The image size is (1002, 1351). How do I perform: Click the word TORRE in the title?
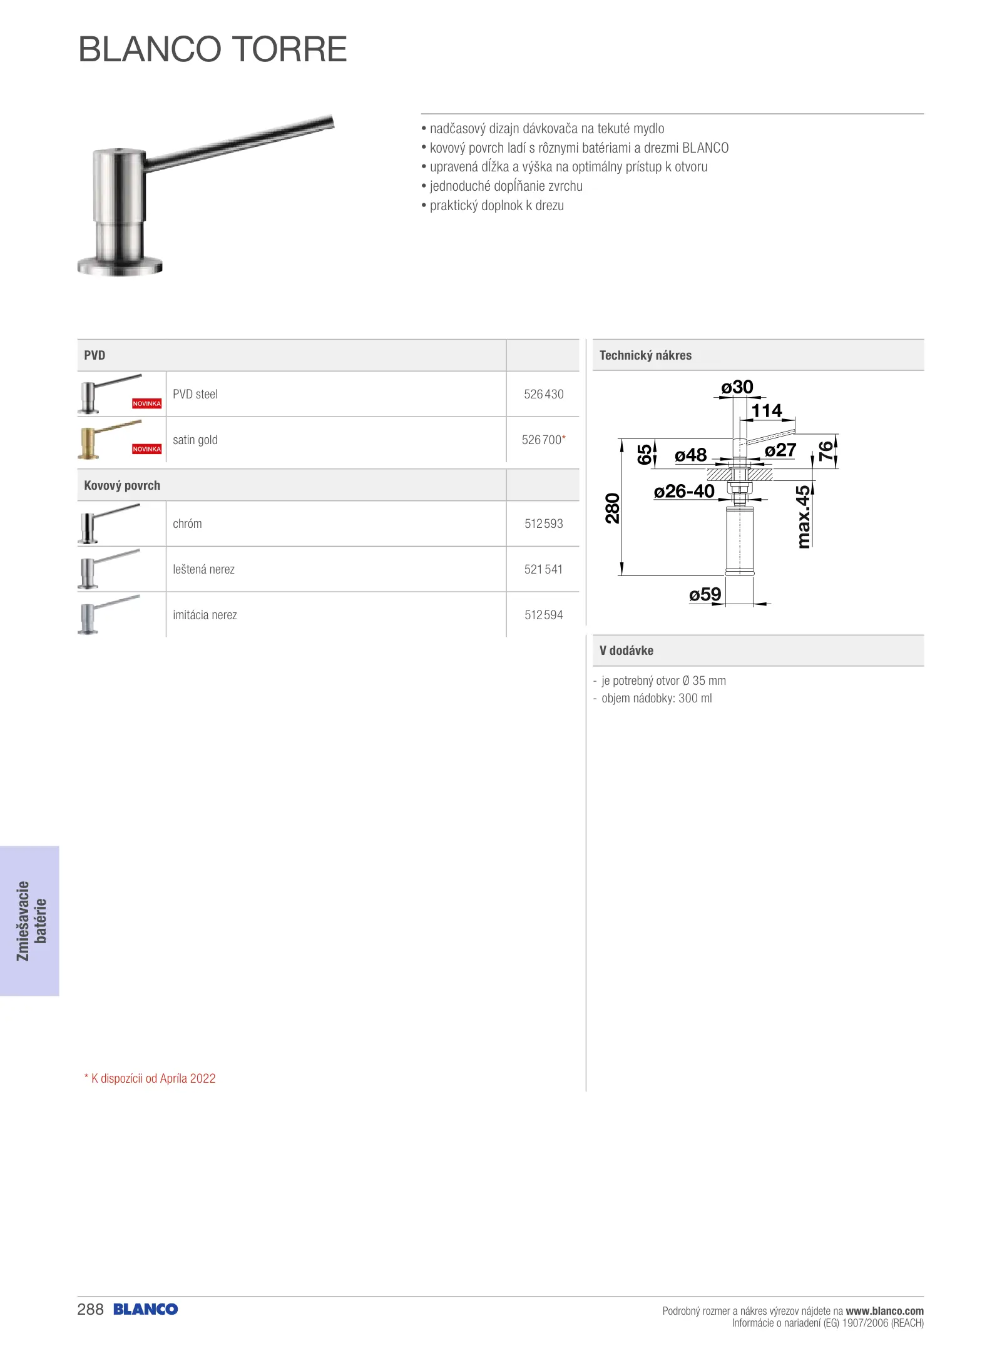coord(289,49)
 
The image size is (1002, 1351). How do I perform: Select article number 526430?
coord(543,394)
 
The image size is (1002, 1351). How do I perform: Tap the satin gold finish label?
coord(195,440)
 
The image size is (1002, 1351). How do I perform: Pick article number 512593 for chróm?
coord(543,524)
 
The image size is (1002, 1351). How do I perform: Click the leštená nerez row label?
coord(203,569)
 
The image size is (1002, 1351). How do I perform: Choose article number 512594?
coord(543,615)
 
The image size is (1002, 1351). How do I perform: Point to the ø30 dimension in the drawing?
coord(737,387)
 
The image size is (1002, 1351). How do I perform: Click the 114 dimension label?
coord(767,411)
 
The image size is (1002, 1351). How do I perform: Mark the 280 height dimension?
coord(613,508)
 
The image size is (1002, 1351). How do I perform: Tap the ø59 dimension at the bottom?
coord(705,594)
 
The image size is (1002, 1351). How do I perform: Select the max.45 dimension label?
coord(804,517)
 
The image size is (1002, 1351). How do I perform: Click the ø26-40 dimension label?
coord(684,492)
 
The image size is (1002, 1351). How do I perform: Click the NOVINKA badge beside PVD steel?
coord(146,403)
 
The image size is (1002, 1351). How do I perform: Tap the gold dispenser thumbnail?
coord(106,440)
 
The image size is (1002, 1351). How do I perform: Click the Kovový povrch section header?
coord(122,485)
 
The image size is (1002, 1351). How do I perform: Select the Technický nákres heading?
coord(645,355)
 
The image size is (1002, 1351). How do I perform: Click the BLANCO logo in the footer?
coord(146,1309)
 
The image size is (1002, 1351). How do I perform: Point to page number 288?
coord(90,1309)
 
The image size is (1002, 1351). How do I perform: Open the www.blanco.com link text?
coord(884,1310)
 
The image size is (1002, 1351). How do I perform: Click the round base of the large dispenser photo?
coord(120,266)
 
